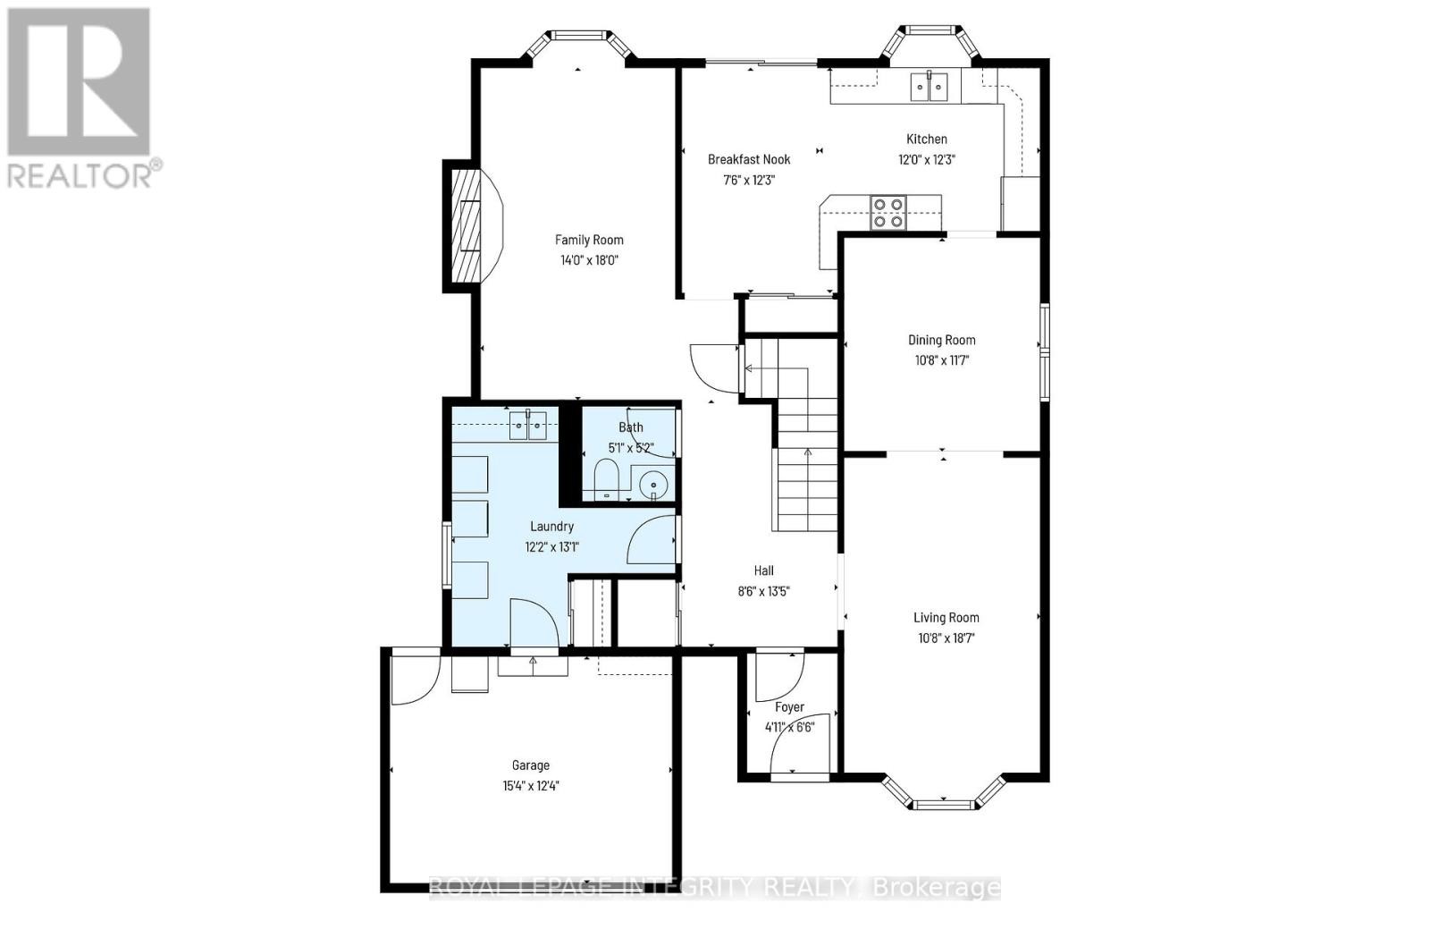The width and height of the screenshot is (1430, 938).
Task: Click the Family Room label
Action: (589, 240)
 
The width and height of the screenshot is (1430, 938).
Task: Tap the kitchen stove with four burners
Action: (888, 212)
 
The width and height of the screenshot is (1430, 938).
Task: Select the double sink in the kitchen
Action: (929, 87)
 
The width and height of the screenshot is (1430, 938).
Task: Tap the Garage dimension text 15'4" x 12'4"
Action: (531, 786)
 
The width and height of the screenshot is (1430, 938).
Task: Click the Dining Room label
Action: (941, 340)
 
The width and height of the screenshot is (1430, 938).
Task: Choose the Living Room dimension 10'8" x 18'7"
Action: (946, 638)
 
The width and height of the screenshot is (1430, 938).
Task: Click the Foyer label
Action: (789, 707)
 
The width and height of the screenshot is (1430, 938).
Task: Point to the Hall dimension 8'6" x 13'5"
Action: (763, 591)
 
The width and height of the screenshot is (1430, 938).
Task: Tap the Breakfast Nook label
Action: (749, 159)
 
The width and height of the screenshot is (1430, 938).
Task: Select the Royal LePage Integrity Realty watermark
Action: (715, 887)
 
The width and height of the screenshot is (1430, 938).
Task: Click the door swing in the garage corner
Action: (414, 678)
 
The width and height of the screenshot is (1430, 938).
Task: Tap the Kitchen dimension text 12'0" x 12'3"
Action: (927, 159)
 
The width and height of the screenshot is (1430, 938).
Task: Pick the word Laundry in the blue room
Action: (551, 527)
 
